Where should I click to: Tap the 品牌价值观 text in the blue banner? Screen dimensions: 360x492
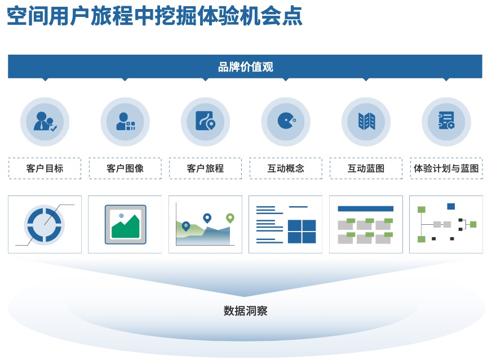click(x=245, y=67)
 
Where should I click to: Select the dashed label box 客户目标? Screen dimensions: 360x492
click(x=45, y=168)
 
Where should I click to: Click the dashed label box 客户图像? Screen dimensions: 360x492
click(x=125, y=168)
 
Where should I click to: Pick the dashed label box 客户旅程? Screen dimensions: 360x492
click(x=205, y=168)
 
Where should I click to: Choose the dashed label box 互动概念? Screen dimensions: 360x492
click(x=286, y=168)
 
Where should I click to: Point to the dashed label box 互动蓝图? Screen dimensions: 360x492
click(x=366, y=168)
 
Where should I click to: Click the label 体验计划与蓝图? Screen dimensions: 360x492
click(x=446, y=168)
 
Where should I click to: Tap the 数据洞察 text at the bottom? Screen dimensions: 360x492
click(x=245, y=310)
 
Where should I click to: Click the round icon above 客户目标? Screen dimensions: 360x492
click(x=45, y=122)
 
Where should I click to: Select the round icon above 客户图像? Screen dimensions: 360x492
click(x=125, y=122)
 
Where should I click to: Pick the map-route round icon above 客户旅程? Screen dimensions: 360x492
click(x=205, y=122)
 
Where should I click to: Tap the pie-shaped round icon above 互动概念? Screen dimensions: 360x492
click(x=286, y=122)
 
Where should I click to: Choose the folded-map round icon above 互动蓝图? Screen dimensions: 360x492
click(x=366, y=122)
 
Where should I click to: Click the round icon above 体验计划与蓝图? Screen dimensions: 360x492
click(x=446, y=122)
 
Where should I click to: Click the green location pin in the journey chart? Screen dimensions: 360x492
click(x=230, y=218)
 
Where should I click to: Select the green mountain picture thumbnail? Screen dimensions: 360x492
click(x=125, y=224)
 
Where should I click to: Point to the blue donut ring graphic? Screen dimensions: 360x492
click(x=45, y=225)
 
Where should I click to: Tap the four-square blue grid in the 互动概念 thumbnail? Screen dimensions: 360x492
click(x=302, y=231)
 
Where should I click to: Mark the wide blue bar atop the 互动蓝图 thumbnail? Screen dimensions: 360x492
click(x=365, y=208)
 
